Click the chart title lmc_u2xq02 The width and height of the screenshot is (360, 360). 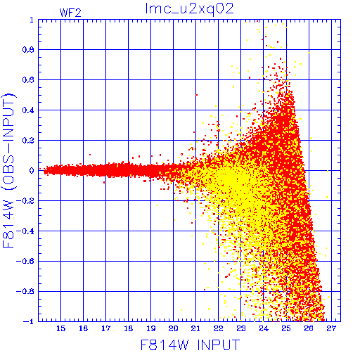click(x=189, y=9)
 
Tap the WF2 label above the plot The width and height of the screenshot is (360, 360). click(x=70, y=13)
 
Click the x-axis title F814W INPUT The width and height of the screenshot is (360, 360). click(x=190, y=345)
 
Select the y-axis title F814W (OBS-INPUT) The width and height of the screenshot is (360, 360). click(x=8, y=170)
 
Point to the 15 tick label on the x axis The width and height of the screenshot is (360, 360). click(x=60, y=328)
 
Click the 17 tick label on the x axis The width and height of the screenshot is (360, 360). click(x=105, y=328)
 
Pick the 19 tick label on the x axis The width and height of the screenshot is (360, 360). click(x=151, y=328)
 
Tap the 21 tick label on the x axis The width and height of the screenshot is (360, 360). click(x=195, y=328)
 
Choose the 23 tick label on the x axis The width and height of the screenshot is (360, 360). click(x=240, y=328)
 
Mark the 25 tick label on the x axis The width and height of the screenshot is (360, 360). click(x=286, y=328)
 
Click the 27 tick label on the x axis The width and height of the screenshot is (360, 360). click(x=331, y=328)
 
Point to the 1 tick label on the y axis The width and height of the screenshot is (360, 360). click(x=32, y=20)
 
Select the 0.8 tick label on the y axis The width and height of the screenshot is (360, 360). click(x=28, y=50)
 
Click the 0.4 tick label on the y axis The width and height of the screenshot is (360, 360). click(x=28, y=110)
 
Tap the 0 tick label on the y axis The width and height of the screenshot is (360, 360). click(x=32, y=170)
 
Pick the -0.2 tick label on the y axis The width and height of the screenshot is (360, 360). click(x=25, y=201)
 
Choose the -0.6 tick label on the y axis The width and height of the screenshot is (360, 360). click(x=25, y=261)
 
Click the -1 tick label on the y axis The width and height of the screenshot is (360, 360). click(x=29, y=321)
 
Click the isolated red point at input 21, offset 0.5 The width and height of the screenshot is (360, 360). click(x=196, y=95)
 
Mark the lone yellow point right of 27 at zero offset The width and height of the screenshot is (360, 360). click(x=328, y=171)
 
